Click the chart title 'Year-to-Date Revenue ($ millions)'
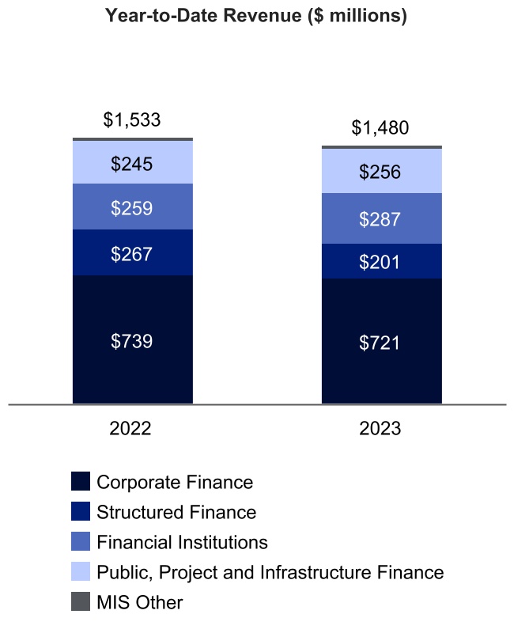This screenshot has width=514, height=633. click(x=256, y=17)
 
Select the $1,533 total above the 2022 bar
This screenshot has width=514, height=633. click(x=132, y=119)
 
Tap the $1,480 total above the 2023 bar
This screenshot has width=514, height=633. click(x=380, y=127)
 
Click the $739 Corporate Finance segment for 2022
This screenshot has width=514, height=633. click(x=132, y=341)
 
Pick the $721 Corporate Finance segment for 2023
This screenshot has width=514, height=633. click(x=380, y=343)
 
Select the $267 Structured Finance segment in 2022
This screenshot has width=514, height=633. click(x=132, y=253)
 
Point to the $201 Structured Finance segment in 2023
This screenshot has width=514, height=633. click(x=380, y=262)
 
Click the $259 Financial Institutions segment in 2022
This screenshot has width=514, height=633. click(x=132, y=207)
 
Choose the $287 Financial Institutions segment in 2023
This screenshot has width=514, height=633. click(x=380, y=219)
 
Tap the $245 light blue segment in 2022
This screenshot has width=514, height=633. click(x=132, y=163)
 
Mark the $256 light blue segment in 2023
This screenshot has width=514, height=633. click(x=380, y=172)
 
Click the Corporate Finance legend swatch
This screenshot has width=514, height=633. click(x=80, y=482)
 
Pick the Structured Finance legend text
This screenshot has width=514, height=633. click(x=176, y=512)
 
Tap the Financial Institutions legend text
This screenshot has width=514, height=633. click(x=182, y=542)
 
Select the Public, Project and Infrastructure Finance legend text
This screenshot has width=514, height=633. click(x=270, y=572)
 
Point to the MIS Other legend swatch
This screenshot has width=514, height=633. click(x=80, y=602)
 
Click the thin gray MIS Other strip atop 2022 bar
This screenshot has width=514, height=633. click(x=132, y=139)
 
